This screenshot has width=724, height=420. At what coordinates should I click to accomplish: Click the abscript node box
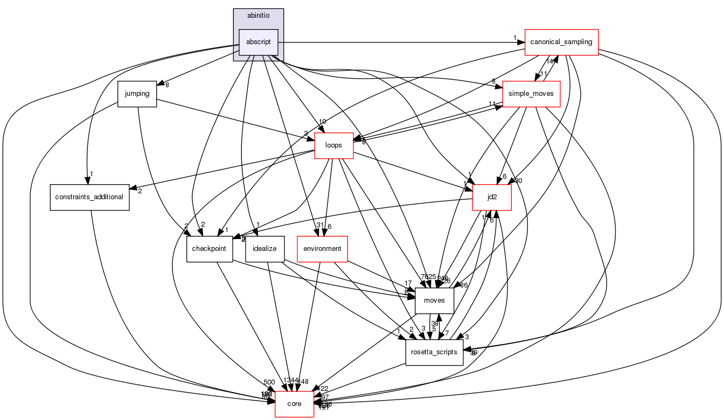pyautogui.click(x=259, y=42)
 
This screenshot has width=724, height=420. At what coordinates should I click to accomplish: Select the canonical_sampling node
pyautogui.click(x=562, y=42)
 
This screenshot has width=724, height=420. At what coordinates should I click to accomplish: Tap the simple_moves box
pyautogui.click(x=531, y=94)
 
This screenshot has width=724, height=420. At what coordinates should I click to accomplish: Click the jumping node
pyautogui.click(x=137, y=94)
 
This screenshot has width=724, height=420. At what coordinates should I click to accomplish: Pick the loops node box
pyautogui.click(x=333, y=145)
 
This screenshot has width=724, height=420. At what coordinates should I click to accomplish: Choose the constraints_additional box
pyautogui.click(x=89, y=197)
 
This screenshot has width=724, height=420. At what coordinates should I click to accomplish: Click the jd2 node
pyautogui.click(x=492, y=197)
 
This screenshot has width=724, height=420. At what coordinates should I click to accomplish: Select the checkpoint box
pyautogui.click(x=210, y=249)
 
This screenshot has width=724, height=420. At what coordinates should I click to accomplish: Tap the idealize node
pyautogui.click(x=264, y=249)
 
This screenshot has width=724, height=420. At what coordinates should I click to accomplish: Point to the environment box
pyautogui.click(x=322, y=249)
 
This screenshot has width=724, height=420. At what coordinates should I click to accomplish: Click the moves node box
pyautogui.click(x=435, y=300)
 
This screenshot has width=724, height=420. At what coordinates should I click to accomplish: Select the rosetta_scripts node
pyautogui.click(x=434, y=352)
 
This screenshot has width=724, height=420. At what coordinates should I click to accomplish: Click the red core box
pyautogui.click(x=294, y=404)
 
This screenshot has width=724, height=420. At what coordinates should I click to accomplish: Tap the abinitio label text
pyautogui.click(x=259, y=15)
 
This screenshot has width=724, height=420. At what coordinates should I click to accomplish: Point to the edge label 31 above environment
pyautogui.click(x=319, y=226)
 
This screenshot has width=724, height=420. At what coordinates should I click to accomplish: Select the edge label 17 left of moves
pyautogui.click(x=408, y=283)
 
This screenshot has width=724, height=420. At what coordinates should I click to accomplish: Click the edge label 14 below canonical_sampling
pyautogui.click(x=549, y=61)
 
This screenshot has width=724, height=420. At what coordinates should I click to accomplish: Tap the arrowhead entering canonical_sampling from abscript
pyautogui.click(x=521, y=42)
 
